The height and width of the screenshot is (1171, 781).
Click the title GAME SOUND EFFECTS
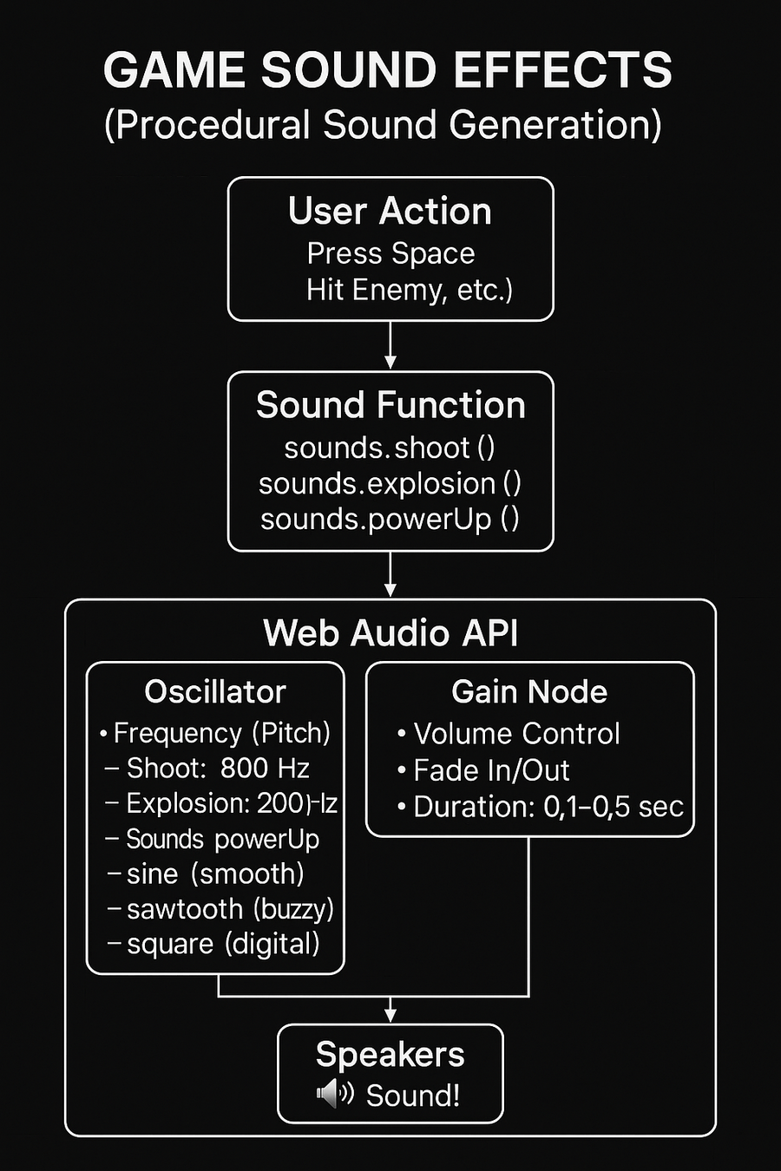tap(388, 71)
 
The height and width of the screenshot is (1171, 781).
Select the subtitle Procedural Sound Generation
tap(383, 125)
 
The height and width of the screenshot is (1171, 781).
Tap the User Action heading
tap(390, 212)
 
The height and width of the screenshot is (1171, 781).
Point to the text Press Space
tap(390, 253)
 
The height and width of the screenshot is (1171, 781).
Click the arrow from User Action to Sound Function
tap(390, 345)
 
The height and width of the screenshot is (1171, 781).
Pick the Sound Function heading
tap(390, 405)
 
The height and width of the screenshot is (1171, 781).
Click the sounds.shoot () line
tap(390, 448)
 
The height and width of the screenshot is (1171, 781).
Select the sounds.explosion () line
tap(390, 483)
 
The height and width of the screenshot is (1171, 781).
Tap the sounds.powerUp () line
tap(390, 519)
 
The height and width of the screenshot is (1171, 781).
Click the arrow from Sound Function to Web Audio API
tap(390, 574)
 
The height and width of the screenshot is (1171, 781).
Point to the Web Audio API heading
tap(390, 633)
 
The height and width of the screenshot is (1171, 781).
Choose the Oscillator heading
tap(215, 691)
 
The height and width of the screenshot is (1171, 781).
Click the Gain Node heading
tap(529, 691)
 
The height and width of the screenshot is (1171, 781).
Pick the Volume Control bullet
tap(516, 734)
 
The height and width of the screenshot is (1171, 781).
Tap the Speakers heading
tap(390, 1055)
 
